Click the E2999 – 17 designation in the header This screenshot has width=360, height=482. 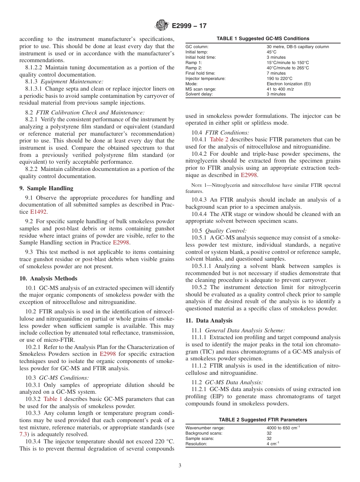point(189,26)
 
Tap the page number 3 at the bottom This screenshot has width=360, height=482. point(180,466)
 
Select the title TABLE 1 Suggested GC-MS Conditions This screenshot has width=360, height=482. point(263,38)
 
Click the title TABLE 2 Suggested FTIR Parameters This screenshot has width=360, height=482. point(263,419)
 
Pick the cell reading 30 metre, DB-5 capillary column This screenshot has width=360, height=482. point(297,47)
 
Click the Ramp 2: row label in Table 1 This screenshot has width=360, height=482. point(194,68)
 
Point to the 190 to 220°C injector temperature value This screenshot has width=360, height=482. point(279,78)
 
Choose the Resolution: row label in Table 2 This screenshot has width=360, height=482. point(196,444)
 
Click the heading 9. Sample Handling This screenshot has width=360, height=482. point(46,188)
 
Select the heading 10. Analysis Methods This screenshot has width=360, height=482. point(48,279)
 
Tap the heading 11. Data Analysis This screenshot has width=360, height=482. point(209,321)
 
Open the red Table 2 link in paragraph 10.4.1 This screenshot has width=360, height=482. point(219,139)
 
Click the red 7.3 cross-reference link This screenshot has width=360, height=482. point(23,435)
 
